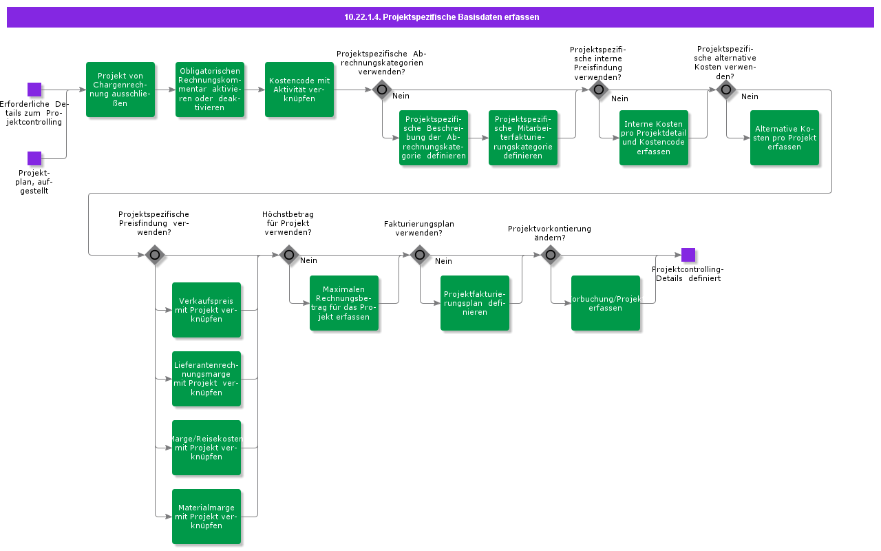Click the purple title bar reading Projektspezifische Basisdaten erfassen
[440, 17]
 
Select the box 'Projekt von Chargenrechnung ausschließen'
[120, 90]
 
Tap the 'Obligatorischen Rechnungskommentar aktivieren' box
[210, 90]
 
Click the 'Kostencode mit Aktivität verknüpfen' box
[299, 90]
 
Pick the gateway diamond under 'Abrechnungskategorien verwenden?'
[382, 90]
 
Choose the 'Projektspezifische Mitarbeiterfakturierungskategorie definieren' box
[523, 138]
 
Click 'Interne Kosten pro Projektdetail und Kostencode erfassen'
[654, 138]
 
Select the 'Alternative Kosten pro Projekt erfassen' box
[785, 138]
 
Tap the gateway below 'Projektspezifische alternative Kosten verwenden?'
[726, 90]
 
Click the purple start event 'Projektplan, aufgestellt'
[34, 158]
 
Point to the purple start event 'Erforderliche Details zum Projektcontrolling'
[34, 90]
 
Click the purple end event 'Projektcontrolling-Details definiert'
[688, 255]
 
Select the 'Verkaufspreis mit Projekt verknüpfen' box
[206, 310]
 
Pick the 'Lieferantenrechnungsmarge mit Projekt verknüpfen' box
[206, 379]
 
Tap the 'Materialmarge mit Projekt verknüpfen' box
[206, 517]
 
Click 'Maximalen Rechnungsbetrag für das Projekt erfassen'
[344, 303]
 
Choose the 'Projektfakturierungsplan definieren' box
[475, 303]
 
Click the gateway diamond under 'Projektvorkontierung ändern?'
[551, 255]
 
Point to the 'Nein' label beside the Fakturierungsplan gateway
[443, 261]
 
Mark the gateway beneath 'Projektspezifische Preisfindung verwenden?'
[155, 255]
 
